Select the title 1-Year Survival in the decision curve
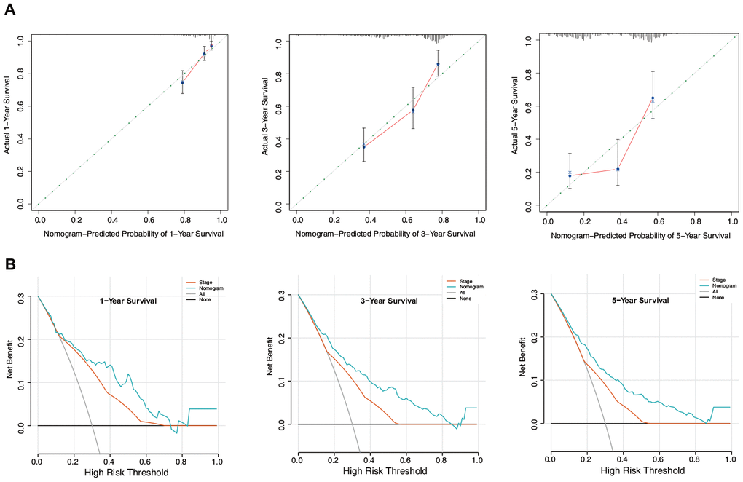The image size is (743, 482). (129, 299)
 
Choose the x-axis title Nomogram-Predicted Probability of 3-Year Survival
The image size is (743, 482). (385, 234)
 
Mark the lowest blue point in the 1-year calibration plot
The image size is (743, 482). (183, 82)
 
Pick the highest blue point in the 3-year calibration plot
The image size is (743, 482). (438, 64)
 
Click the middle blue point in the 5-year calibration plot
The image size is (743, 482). (618, 169)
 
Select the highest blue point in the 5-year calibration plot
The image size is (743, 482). (653, 98)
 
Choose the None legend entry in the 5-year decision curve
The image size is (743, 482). (712, 299)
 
